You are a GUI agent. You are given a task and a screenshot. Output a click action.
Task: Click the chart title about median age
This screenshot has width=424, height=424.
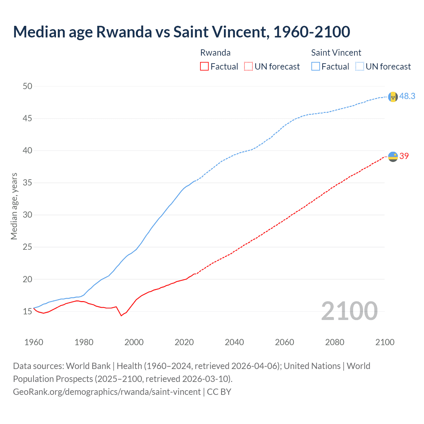click(x=182, y=32)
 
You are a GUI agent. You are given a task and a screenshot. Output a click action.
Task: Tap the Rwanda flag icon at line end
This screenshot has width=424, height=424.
click(x=393, y=156)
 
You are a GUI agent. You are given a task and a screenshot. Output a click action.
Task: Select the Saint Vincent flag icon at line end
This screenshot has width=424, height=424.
click(x=393, y=97)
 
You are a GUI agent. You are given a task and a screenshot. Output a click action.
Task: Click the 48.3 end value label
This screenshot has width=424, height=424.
click(x=407, y=96)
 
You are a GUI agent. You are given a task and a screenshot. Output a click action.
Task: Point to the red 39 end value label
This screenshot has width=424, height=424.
click(x=404, y=156)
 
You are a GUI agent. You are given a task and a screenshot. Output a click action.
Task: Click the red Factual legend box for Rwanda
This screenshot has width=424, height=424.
click(x=204, y=66)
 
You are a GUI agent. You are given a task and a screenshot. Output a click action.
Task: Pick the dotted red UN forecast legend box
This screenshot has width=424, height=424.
click(x=248, y=66)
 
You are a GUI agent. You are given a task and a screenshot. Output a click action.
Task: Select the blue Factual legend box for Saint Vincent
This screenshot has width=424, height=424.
click(x=316, y=66)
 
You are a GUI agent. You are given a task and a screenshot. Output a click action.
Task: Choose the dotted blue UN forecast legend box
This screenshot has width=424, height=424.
click(x=360, y=66)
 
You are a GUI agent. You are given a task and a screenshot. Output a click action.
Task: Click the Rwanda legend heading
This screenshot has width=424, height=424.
click(x=215, y=53)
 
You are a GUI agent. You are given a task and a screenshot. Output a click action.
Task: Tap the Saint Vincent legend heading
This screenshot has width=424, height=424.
click(x=336, y=53)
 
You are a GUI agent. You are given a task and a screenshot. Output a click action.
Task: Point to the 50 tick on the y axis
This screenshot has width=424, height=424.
click(x=27, y=86)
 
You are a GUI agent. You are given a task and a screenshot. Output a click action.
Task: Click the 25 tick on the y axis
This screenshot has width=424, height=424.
click(x=27, y=247)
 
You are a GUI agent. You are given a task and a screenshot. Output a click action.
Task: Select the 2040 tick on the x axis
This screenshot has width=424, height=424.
click(x=234, y=342)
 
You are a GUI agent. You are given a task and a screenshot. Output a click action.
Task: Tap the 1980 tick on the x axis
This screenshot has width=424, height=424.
click(x=84, y=342)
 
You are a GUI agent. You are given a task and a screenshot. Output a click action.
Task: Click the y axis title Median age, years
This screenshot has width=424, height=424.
click(x=14, y=206)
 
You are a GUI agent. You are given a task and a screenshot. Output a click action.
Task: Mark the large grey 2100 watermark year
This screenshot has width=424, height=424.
click(x=349, y=311)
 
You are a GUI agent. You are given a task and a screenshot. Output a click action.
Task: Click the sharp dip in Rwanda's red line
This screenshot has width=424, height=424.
click(x=121, y=315)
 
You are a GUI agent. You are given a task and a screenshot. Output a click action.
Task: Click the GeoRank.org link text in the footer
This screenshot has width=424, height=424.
click(x=107, y=392)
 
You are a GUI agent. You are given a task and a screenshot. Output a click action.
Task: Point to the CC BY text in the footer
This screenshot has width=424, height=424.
click(x=219, y=392)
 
